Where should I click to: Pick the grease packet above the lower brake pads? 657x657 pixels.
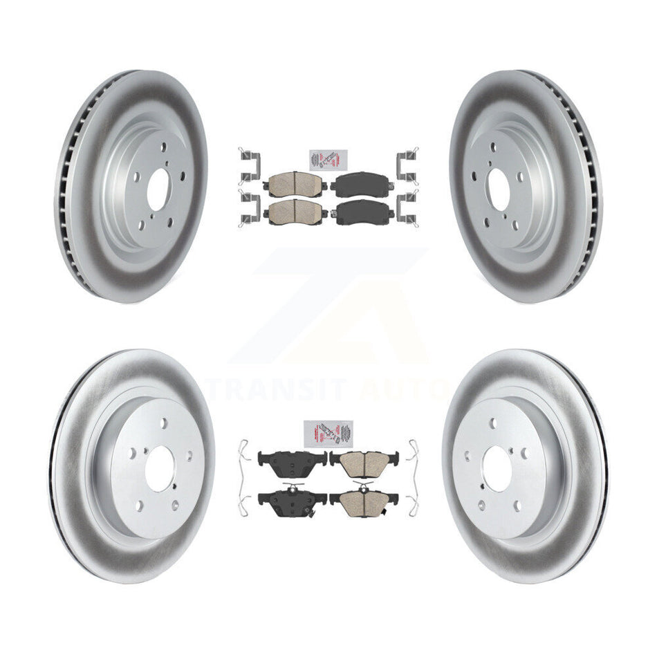[x=328, y=434]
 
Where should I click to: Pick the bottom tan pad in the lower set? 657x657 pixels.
[x=364, y=499]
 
